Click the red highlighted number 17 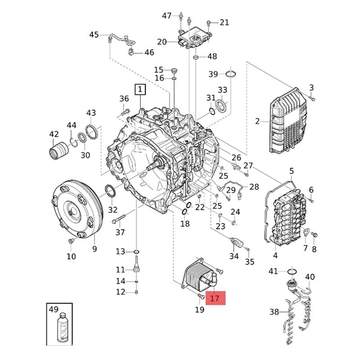pyautogui.click(x=215, y=298)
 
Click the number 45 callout pyautogui.click(x=94, y=35)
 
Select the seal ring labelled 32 pyautogui.click(x=110, y=191)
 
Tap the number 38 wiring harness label pyautogui.click(x=274, y=311)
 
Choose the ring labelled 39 pyautogui.click(x=230, y=74)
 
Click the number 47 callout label pyautogui.click(x=167, y=16)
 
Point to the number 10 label pyautogui.click(x=71, y=256)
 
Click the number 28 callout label pyautogui.click(x=254, y=187)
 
